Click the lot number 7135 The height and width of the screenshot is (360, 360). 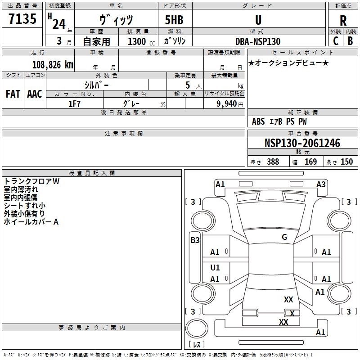22,19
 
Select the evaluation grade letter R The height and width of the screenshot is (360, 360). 343,21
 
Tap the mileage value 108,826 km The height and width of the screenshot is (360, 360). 52,65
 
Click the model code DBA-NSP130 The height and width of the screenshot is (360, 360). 258,41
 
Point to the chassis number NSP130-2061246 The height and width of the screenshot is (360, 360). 302,144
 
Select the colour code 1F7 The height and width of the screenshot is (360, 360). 74,103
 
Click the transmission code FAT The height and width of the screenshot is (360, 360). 13,94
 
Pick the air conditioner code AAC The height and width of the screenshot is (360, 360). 35,94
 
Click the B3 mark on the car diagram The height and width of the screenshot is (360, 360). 195,240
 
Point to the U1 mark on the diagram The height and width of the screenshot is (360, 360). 215,268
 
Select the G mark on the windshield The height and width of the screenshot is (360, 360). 284,237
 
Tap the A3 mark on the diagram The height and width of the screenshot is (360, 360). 321,184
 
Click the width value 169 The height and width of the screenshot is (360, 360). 310,162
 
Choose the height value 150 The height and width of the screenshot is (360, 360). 346,162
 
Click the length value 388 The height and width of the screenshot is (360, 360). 273,162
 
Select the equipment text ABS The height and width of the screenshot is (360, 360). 258,121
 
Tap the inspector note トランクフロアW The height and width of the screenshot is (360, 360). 31,181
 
